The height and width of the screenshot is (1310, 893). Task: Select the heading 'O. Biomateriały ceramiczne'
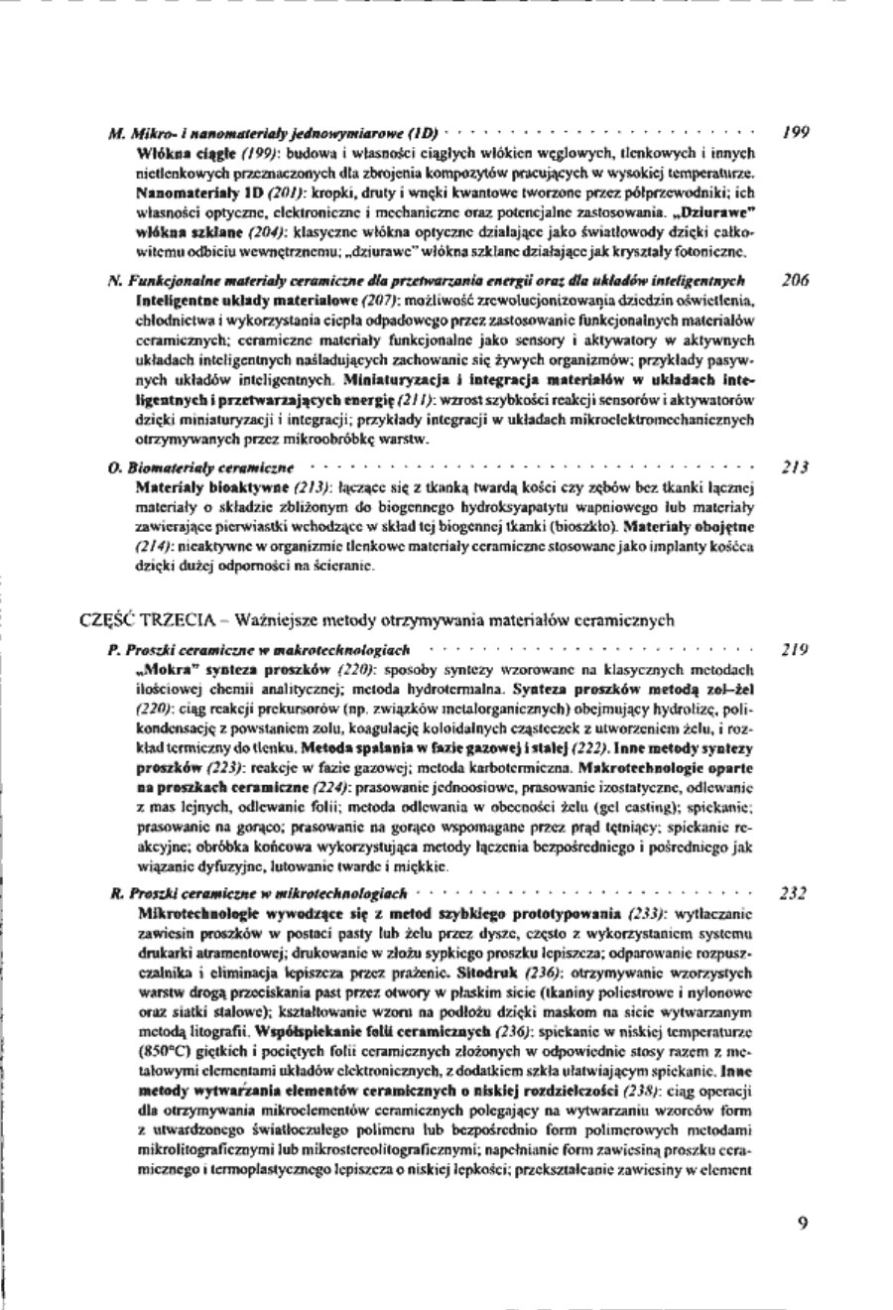pyautogui.click(x=200, y=464)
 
